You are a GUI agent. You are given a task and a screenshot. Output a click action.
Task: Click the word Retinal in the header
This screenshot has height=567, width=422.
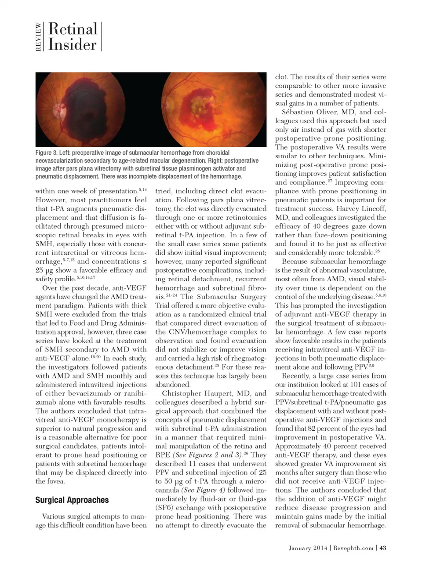point(73,29)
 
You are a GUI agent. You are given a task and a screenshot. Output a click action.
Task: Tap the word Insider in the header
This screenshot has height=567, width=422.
point(72,44)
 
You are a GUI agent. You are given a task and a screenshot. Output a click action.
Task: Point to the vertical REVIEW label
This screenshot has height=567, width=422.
point(39,37)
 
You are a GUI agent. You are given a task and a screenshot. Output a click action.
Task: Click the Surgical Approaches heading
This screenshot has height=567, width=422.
point(72,500)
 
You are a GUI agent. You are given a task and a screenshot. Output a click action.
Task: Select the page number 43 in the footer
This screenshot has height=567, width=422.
point(382,548)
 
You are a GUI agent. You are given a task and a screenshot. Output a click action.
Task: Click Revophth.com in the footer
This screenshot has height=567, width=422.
point(353,548)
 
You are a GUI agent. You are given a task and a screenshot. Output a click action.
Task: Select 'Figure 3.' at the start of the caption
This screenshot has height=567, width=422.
point(50,153)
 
